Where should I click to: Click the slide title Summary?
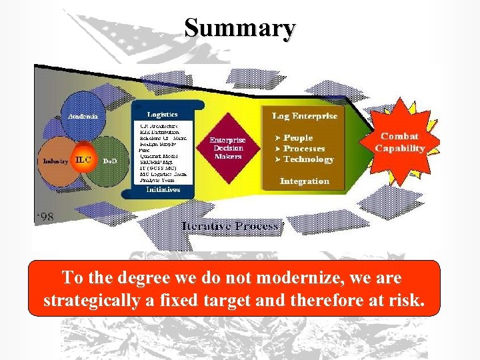point(240,29)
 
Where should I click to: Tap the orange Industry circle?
point(56,161)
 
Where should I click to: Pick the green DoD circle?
point(111,161)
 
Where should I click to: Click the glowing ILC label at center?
point(83,160)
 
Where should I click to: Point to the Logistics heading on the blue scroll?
point(162,115)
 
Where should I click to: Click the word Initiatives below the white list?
point(163,190)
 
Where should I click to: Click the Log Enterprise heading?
point(305,116)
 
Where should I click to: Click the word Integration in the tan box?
point(305,181)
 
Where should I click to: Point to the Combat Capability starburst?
point(399,142)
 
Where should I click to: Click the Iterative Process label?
point(230,226)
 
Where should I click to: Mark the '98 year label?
point(45,217)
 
